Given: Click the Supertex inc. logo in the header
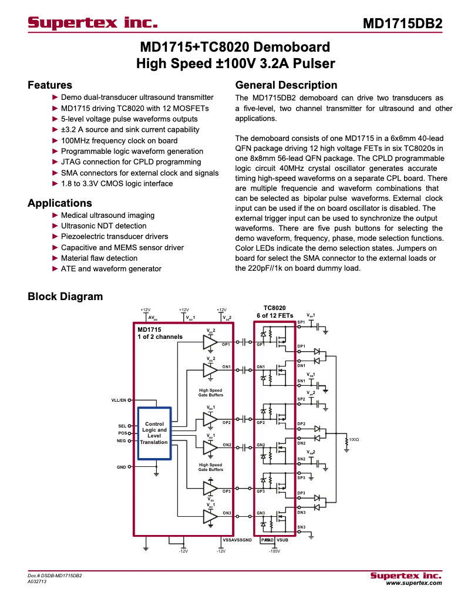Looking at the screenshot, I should click(93, 23).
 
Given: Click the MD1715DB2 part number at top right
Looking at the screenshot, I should click(402, 24).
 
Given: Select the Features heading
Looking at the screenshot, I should click(50, 85).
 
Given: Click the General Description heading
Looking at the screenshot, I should click(286, 85).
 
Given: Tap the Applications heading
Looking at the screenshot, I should click(60, 203).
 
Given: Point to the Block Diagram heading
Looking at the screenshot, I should click(65, 297).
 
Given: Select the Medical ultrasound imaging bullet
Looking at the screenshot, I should click(107, 216).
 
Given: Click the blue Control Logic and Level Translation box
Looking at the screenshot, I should click(154, 433).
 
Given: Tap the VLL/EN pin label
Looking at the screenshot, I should click(119, 401).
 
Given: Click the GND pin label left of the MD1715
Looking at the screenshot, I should click(121, 467).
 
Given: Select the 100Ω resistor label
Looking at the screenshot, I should click(354, 439).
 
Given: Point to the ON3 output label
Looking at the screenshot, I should click(226, 513).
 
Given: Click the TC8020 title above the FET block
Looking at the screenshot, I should click(274, 308).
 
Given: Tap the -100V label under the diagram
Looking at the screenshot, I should click(274, 551).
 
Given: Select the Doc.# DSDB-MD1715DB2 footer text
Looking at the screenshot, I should click(55, 576).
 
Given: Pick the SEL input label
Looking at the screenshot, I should click(122, 426).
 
